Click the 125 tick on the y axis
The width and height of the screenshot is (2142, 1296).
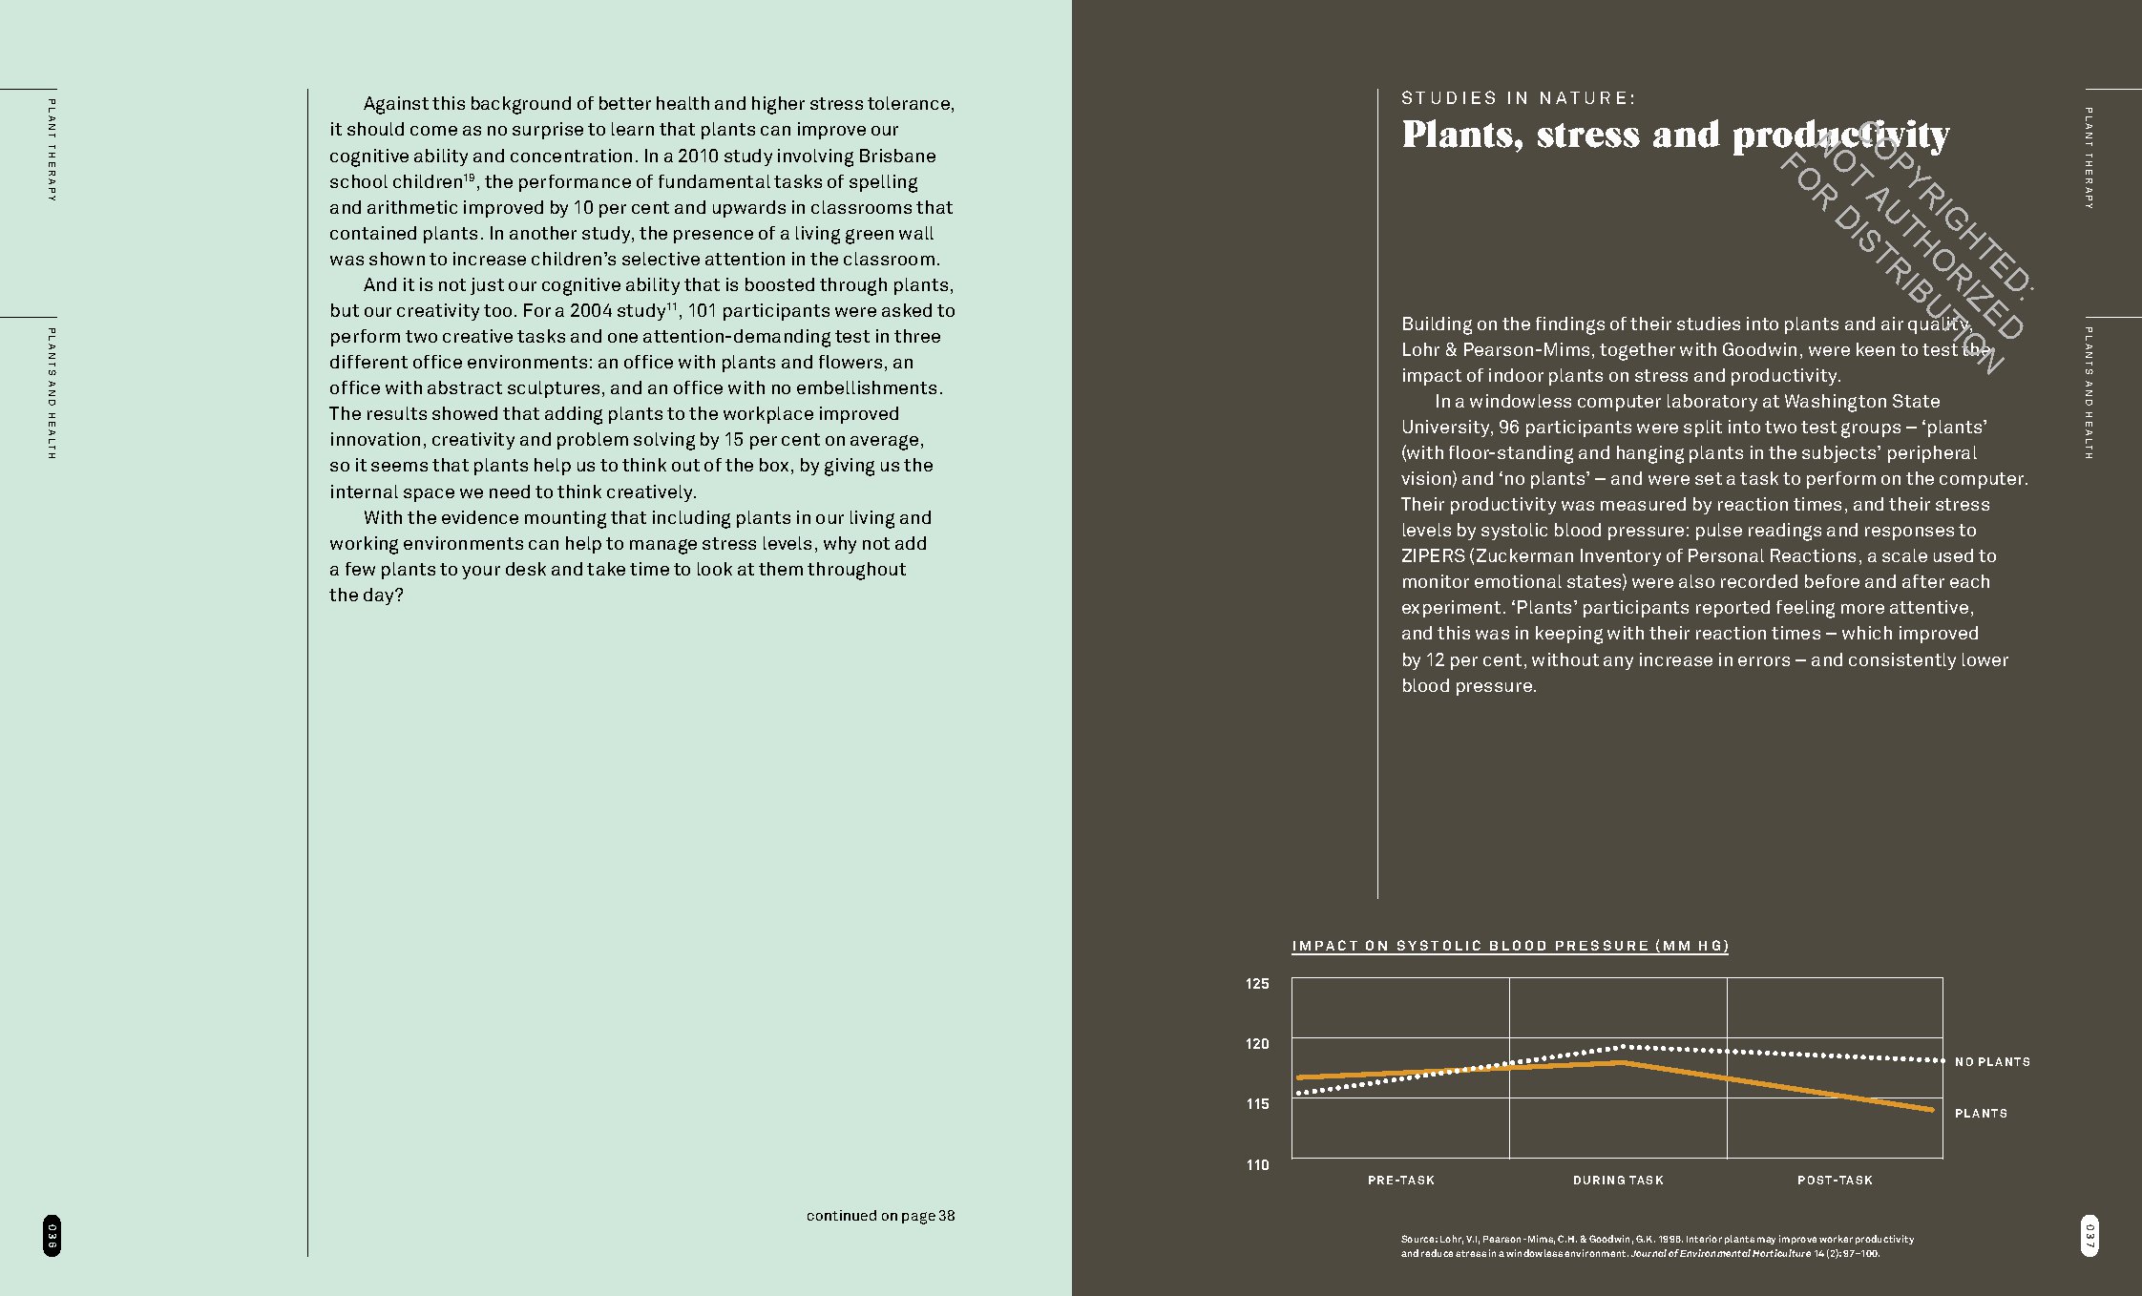(x=1257, y=984)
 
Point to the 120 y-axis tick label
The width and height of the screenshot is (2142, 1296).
(x=1257, y=1044)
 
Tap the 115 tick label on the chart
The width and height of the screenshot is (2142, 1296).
(x=1257, y=1104)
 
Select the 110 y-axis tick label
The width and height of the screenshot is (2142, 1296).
(x=1257, y=1165)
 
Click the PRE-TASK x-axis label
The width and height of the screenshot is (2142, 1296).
(x=1400, y=1181)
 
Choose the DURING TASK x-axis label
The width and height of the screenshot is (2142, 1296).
(x=1618, y=1181)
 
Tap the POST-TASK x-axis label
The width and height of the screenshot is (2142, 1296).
(x=1835, y=1181)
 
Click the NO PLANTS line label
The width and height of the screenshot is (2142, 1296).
(x=1992, y=1062)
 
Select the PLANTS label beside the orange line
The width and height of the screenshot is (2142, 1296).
(x=1981, y=1114)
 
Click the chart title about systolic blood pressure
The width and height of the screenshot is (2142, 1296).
(x=1510, y=946)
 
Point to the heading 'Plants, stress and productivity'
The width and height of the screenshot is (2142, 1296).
(x=1675, y=136)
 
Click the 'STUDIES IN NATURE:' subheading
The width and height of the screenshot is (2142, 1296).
(x=1519, y=98)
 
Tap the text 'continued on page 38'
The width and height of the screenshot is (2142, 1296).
(x=880, y=1216)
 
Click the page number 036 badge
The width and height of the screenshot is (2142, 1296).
(x=52, y=1236)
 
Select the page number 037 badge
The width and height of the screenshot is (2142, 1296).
(x=2089, y=1236)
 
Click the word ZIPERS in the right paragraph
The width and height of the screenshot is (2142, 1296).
(x=1432, y=556)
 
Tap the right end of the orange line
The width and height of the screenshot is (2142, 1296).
(x=1931, y=1110)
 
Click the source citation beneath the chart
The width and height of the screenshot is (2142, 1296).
(x=1657, y=1246)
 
